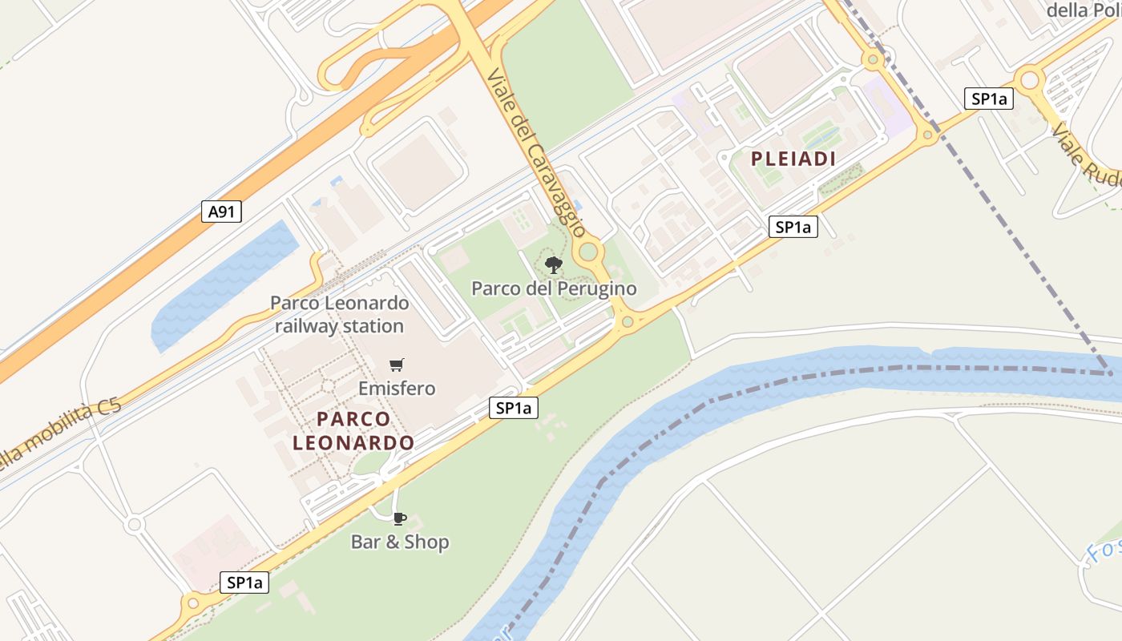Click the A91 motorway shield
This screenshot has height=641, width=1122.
point(220,212)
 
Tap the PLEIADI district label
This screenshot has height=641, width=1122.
point(793,159)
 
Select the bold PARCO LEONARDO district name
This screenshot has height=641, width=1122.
point(353,430)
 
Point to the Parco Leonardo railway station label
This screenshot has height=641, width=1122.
point(339,315)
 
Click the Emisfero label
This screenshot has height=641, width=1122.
point(397,389)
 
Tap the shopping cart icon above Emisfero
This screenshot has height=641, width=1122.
point(396,365)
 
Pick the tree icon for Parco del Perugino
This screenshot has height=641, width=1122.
point(553,264)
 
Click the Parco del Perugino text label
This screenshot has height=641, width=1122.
point(554,288)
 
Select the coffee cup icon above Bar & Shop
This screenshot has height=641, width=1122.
point(400,518)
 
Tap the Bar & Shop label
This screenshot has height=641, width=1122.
point(400,542)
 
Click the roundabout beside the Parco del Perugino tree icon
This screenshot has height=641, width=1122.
point(590,252)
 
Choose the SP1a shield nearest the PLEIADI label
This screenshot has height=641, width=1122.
point(793,227)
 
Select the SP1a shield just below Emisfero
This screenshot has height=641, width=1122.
point(514,408)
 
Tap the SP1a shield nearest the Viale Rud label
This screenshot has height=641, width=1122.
point(989,99)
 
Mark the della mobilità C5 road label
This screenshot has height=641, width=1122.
point(60,433)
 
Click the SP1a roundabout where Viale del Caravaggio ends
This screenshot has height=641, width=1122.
point(627,323)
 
